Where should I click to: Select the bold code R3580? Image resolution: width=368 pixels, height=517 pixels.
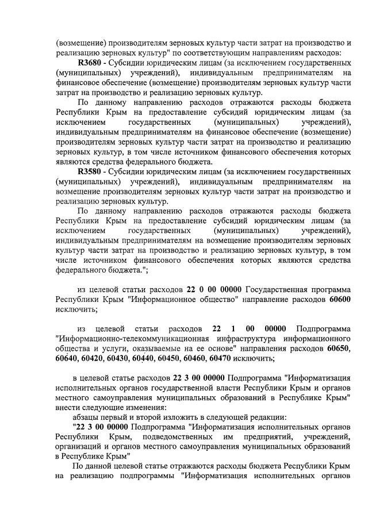[90, 171]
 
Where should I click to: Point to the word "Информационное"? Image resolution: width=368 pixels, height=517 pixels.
[162, 299]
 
